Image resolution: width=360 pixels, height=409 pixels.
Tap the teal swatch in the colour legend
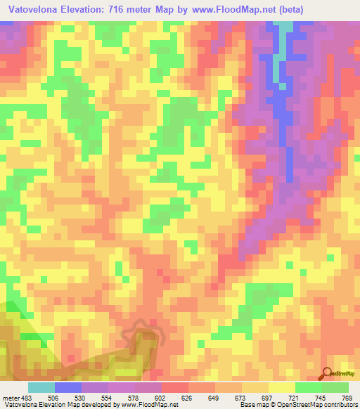pos(41,388)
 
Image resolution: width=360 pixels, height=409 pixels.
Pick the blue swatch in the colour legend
pos(68,388)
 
